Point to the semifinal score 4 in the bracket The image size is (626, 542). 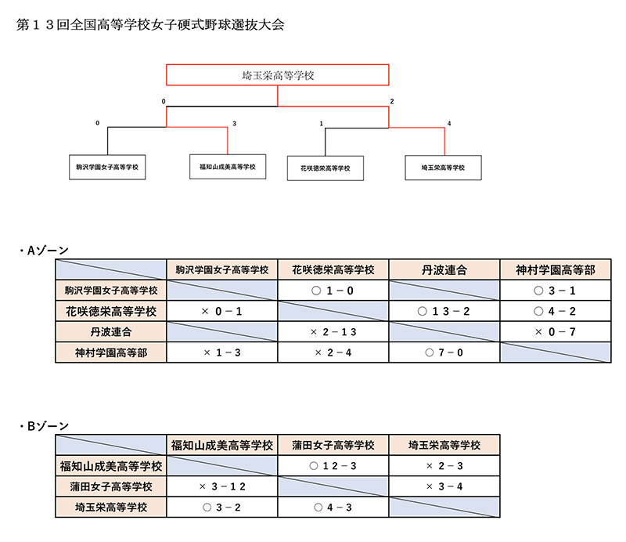point(449,124)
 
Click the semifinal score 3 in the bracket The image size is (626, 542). point(234,124)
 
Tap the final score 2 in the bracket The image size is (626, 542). point(392,102)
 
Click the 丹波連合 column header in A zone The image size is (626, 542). point(444,269)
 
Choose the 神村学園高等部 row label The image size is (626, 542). point(111,352)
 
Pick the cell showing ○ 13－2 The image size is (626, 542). point(444,311)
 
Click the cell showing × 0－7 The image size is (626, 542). point(556,332)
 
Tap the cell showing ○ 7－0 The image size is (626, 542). point(444,352)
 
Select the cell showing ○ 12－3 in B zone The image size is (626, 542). point(333,466)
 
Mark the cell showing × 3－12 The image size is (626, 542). point(222,486)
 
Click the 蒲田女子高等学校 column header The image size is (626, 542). point(333,445)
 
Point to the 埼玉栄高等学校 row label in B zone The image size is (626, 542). point(111,508)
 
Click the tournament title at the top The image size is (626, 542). point(150,25)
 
